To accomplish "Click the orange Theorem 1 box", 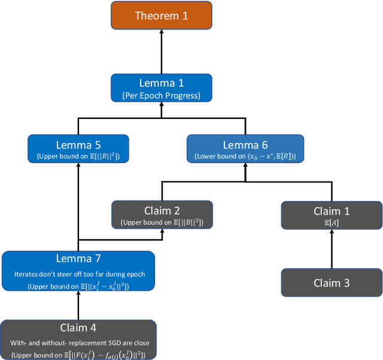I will pos(161,16).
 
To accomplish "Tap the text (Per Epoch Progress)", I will pos(161,96).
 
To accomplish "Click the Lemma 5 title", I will pos(78,145).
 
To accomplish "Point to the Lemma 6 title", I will pos(245,145).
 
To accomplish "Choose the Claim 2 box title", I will pos(162,210).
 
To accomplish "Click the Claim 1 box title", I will pos(332,211).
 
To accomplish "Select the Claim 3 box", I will pos(332,283).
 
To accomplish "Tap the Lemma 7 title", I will pos(78,259).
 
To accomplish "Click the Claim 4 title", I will pos(78,328).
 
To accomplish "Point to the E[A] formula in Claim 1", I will pos(332,222).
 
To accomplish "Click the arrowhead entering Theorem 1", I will pos(161,33).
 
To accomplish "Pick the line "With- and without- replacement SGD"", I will pos(78,343).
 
